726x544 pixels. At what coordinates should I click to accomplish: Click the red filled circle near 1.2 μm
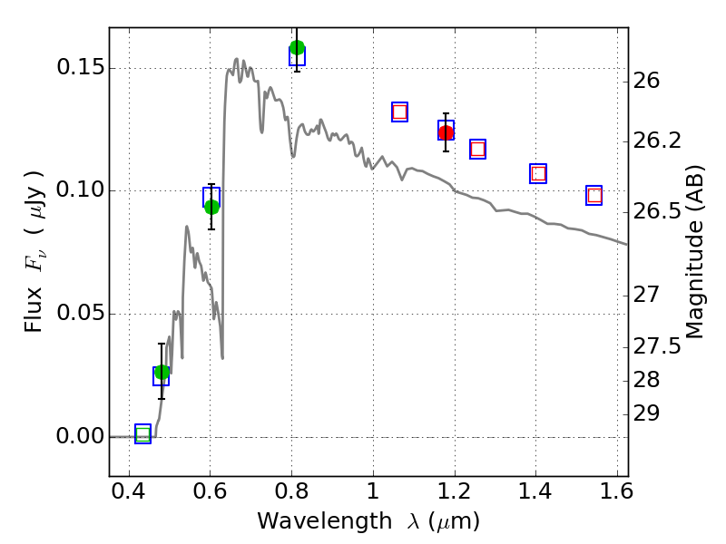coord(446,133)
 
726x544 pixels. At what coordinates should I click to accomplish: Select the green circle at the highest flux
coord(297,48)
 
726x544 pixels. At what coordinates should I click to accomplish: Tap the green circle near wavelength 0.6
coord(211,207)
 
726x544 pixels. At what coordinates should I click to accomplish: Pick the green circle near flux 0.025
coord(162,372)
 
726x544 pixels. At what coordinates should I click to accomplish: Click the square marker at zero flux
coord(142,434)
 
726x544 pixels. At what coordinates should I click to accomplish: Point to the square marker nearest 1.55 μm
coord(594,195)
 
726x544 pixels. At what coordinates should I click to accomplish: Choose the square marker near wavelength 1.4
coord(538,173)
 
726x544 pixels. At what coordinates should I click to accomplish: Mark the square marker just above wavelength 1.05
coord(399,112)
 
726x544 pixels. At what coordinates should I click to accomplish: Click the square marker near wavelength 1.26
coord(477,149)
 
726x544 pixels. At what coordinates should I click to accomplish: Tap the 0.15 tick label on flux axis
coord(78,69)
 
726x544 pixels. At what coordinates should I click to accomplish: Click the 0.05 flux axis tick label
coord(78,315)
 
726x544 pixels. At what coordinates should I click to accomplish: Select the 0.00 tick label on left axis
coord(78,437)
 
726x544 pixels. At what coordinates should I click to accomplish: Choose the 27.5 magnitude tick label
coord(658,346)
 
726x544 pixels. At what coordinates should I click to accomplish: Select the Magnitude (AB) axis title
coord(695,251)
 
